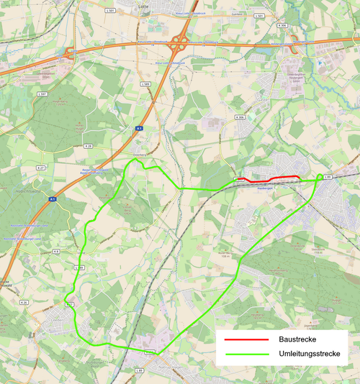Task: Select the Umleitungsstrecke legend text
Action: point(309,354)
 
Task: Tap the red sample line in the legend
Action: point(243,339)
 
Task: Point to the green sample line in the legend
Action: point(243,355)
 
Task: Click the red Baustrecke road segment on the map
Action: point(284,178)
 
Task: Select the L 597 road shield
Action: point(44,94)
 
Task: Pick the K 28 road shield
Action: point(88,146)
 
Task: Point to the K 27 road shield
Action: point(41,168)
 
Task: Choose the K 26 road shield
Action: point(23,303)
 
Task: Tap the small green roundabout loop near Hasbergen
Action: point(320,177)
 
